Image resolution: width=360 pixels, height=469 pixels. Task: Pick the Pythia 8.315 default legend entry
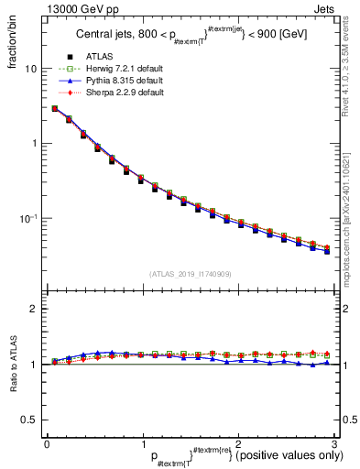pyautogui.click(x=118, y=82)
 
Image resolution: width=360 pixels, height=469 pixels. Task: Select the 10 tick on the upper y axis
pyautogui.click(x=30, y=69)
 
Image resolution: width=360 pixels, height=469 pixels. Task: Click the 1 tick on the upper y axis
pyautogui.click(x=33, y=144)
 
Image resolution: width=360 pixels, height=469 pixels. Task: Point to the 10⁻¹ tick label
pyautogui.click(x=28, y=218)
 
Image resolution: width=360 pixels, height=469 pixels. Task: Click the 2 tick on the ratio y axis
pyautogui.click(x=33, y=309)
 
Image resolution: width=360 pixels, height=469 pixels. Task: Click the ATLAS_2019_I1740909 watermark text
pyautogui.click(x=190, y=274)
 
